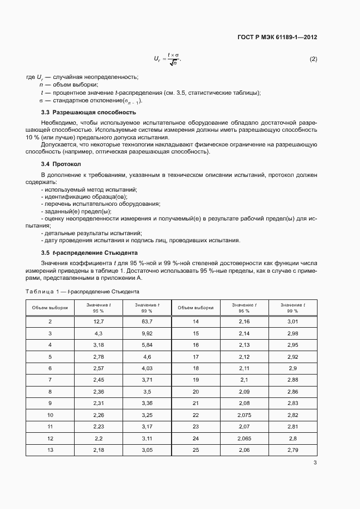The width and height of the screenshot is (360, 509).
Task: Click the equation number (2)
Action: (x=313, y=59)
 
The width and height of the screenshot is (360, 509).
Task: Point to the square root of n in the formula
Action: (x=174, y=63)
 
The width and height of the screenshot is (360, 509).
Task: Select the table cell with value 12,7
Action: (x=99, y=322)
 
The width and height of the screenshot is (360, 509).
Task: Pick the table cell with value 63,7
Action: (x=147, y=322)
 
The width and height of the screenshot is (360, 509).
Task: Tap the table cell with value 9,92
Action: (x=147, y=333)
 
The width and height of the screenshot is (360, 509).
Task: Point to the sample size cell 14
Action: (x=196, y=322)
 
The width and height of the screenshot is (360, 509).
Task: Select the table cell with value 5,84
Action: (x=147, y=345)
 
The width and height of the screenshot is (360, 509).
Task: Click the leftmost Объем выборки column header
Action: (x=50, y=308)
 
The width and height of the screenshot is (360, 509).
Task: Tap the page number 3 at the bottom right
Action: (x=315, y=463)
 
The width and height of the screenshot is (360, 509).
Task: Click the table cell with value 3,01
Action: (x=292, y=322)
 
